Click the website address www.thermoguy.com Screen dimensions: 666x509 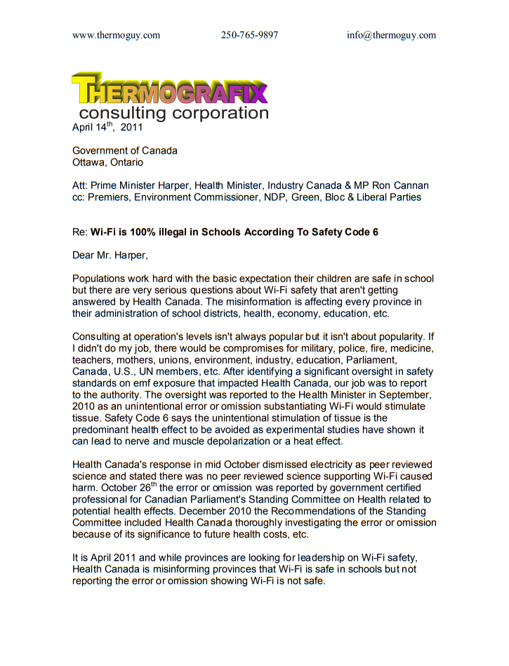(x=116, y=35)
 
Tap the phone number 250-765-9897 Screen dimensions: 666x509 (x=249, y=35)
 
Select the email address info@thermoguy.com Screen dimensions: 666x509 (x=391, y=35)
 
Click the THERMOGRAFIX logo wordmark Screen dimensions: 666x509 (x=170, y=89)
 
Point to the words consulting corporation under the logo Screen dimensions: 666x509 (x=173, y=113)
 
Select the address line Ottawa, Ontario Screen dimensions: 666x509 (x=107, y=162)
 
